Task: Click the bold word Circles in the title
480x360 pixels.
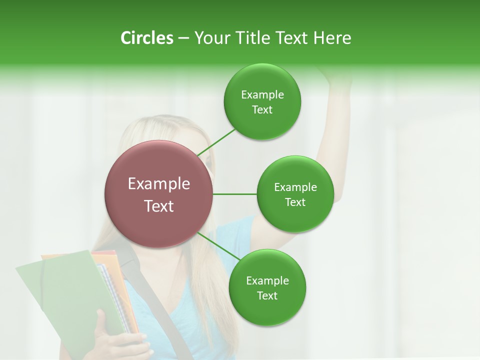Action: pyautogui.click(x=146, y=38)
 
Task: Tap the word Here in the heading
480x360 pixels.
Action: pyautogui.click(x=332, y=38)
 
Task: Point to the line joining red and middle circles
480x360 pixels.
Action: pyautogui.click(x=235, y=194)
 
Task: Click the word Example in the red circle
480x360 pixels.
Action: pyautogui.click(x=159, y=184)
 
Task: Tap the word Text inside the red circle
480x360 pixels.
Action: pyautogui.click(x=159, y=206)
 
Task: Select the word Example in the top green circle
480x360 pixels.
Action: pyautogui.click(x=262, y=95)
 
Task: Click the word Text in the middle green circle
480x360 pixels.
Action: pyautogui.click(x=295, y=202)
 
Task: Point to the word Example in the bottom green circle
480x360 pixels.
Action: pyautogui.click(x=267, y=281)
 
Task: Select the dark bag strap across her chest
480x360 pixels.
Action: pyautogui.click(x=165, y=320)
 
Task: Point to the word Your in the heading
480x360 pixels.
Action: pyautogui.click(x=210, y=38)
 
